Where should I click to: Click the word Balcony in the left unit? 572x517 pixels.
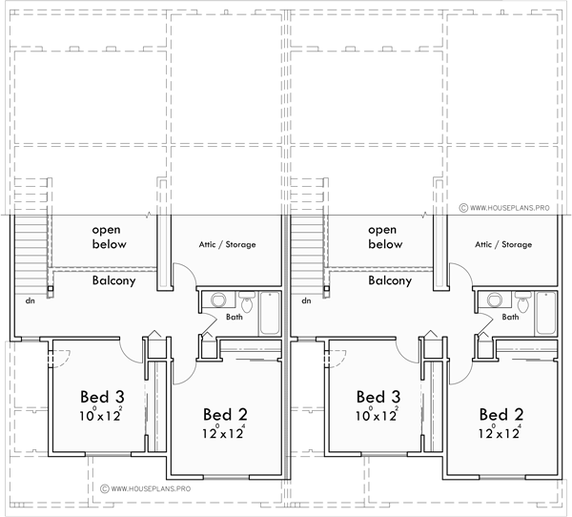pyautogui.click(x=112, y=281)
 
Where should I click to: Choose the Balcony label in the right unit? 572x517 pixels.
pyautogui.click(x=389, y=281)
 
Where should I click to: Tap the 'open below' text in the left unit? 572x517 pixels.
pyautogui.click(x=110, y=237)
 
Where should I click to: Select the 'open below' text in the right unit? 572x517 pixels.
pyautogui.click(x=385, y=237)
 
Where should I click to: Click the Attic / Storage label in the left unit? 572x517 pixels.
pyautogui.click(x=226, y=245)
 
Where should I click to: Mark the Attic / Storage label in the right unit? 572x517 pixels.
pyautogui.click(x=503, y=245)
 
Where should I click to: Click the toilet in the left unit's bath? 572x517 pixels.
pyautogui.click(x=247, y=304)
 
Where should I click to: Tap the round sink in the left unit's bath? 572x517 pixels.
pyautogui.click(x=216, y=299)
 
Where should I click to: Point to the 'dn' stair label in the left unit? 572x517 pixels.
pyautogui.click(x=31, y=300)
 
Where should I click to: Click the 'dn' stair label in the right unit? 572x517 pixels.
pyautogui.click(x=306, y=300)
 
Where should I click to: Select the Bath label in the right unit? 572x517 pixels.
pyautogui.click(x=511, y=317)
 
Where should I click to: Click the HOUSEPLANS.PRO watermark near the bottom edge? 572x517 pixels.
pyautogui.click(x=148, y=489)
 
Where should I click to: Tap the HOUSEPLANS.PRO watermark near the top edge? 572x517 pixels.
pyautogui.click(x=510, y=206)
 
